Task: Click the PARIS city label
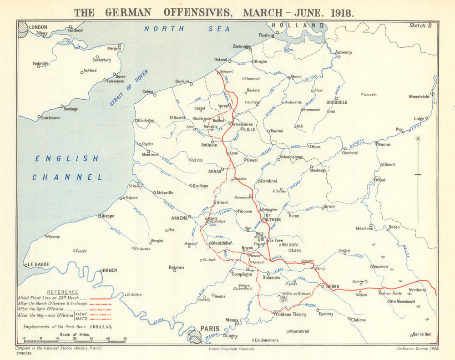pyautogui.click(x=210, y=328)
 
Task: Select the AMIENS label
pyautogui.click(x=179, y=218)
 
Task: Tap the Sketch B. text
pyautogui.click(x=420, y=26)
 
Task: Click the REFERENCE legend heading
pyautogui.click(x=63, y=292)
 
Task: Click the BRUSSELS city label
pyautogui.click(x=336, y=102)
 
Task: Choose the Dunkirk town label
pyautogui.click(x=182, y=81)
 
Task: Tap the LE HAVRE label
pyautogui.click(x=38, y=264)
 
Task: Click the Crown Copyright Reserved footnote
pyautogui.click(x=232, y=349)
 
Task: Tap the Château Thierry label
pyautogui.click(x=291, y=314)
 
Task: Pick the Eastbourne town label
pyautogui.click(x=51, y=117)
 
